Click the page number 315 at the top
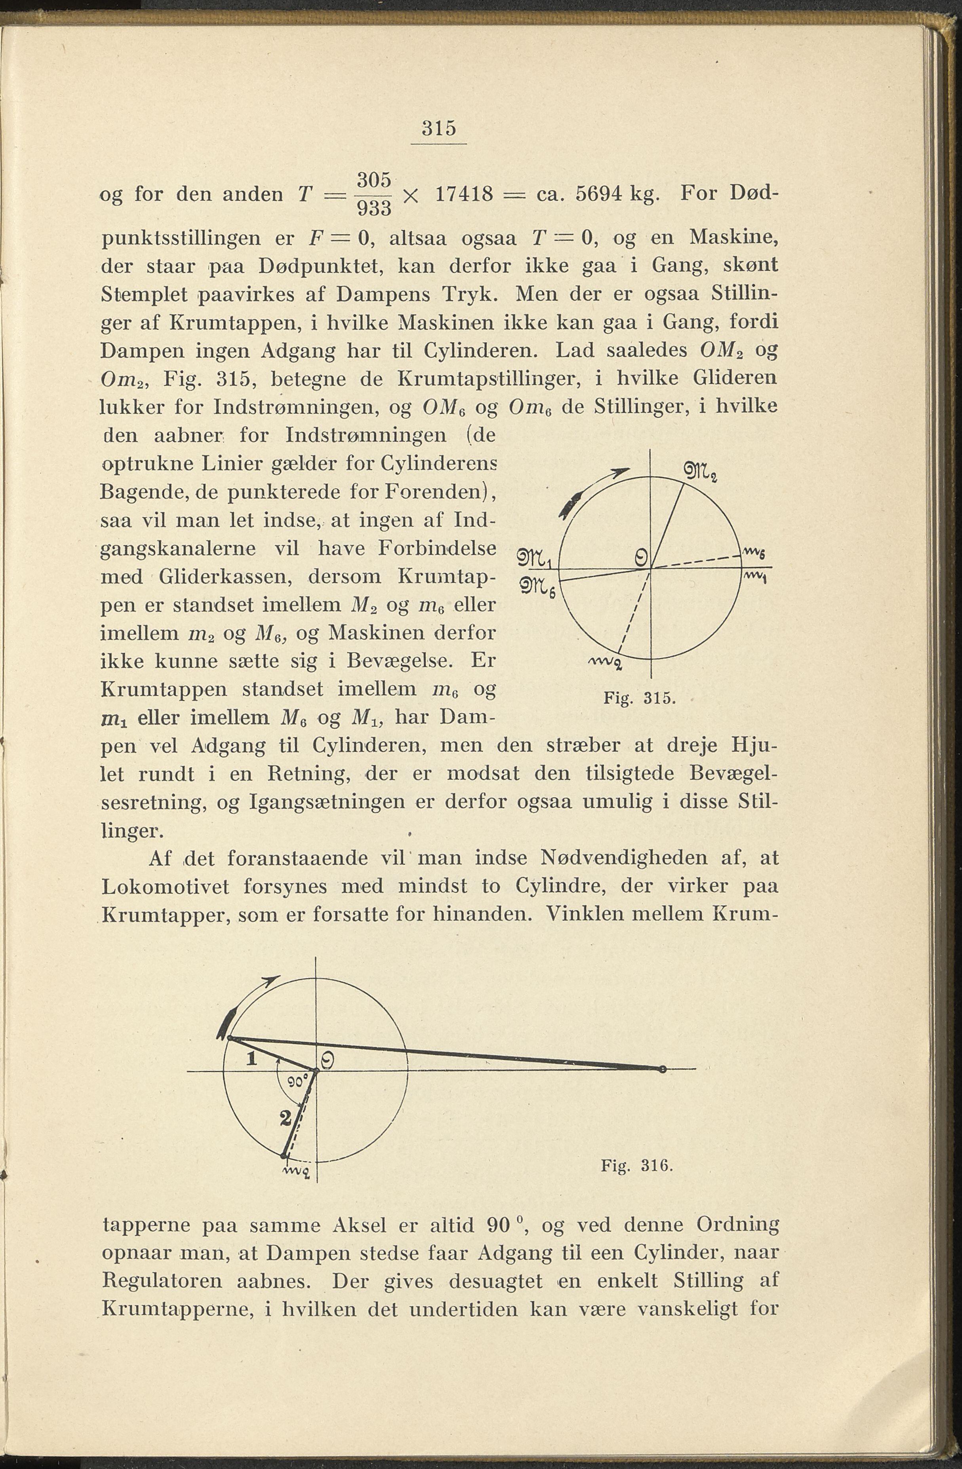(x=439, y=128)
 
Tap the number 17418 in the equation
(x=464, y=195)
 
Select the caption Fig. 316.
(x=636, y=1165)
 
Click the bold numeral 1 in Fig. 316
(x=251, y=1059)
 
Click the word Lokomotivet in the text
(x=165, y=886)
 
